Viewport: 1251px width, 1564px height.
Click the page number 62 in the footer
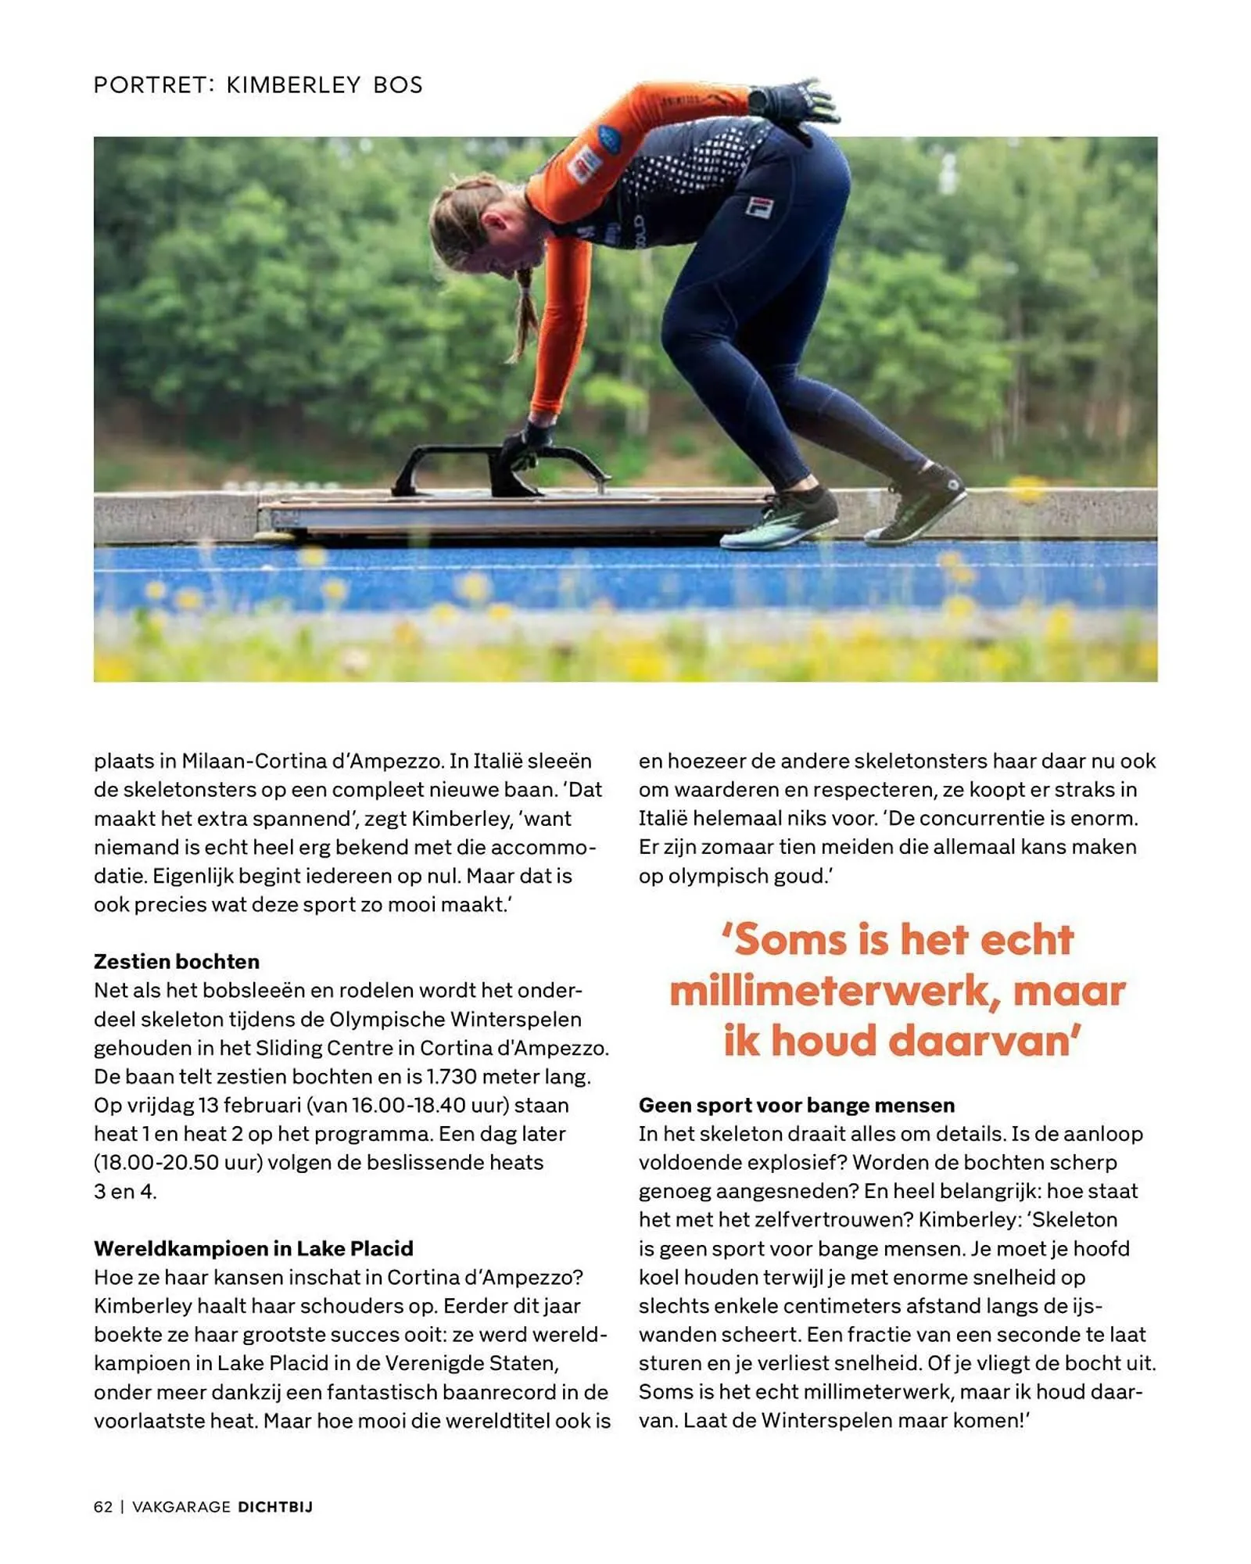click(103, 1507)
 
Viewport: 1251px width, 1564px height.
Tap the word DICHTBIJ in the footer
click(275, 1507)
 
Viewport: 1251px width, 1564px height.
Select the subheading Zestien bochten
click(177, 961)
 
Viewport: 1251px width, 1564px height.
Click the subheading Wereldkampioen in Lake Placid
click(253, 1248)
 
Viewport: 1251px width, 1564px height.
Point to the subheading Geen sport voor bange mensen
click(797, 1105)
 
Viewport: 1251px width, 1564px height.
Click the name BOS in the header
click(398, 84)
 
